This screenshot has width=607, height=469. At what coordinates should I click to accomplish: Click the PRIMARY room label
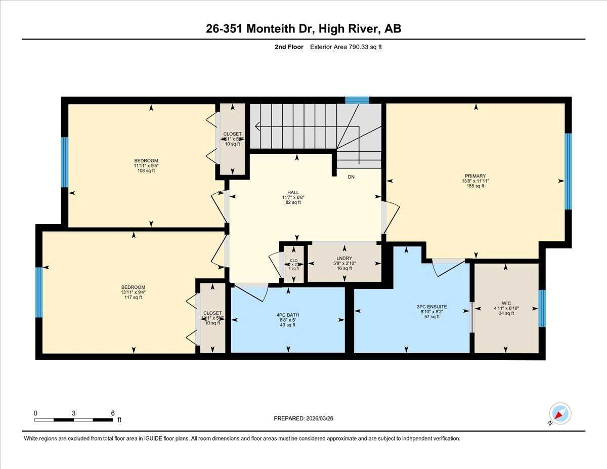(475, 176)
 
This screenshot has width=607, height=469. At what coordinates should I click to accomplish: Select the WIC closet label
(506, 304)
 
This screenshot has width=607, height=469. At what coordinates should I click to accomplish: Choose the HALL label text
(293, 192)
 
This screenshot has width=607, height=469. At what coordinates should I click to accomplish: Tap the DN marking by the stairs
(351, 177)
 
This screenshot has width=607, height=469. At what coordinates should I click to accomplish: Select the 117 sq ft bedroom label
(133, 287)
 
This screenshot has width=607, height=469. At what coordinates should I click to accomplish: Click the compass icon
(559, 413)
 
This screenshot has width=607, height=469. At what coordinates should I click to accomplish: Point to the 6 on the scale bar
(112, 413)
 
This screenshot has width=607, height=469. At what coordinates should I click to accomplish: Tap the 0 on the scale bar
(35, 413)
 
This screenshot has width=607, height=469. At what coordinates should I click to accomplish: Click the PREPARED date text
(304, 418)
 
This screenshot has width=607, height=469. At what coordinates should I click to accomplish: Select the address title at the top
(303, 29)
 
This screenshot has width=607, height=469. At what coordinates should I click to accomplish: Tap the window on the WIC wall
(542, 309)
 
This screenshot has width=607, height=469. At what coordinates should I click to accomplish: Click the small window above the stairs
(357, 100)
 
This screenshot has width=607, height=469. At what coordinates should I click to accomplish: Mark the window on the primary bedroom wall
(568, 171)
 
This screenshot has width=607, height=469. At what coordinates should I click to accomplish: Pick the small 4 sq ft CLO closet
(293, 264)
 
